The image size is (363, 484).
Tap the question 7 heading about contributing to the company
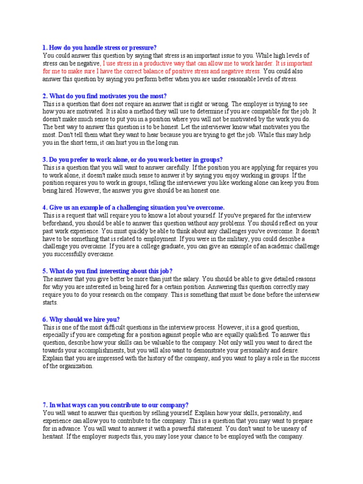[x=116, y=405]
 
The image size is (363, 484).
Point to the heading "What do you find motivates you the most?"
[x=104, y=96]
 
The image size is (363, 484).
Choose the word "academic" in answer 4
[x=257, y=246]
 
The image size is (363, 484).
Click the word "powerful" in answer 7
[x=191, y=429]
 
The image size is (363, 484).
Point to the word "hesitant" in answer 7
[x=54, y=437]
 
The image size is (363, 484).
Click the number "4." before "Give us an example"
[x=45, y=207]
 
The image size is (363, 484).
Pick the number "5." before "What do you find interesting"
[x=45, y=271]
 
